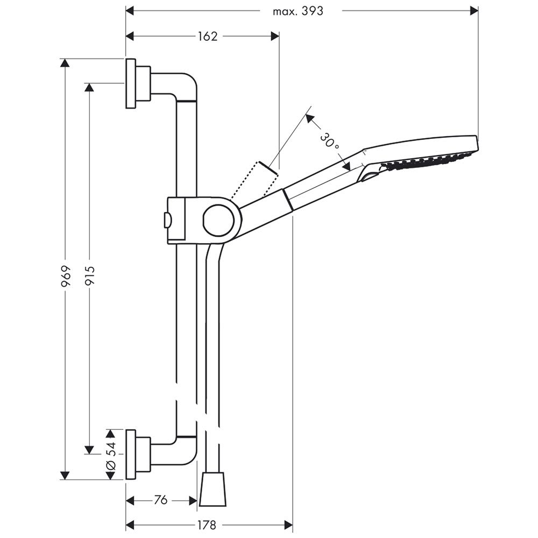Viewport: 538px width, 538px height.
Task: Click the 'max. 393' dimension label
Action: pyautogui.click(x=298, y=11)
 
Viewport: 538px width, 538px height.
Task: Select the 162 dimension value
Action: pyautogui.click(x=208, y=37)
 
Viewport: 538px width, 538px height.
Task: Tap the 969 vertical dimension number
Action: pyautogui.click(x=66, y=275)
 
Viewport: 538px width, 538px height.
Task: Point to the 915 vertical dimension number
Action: pyautogui.click(x=89, y=276)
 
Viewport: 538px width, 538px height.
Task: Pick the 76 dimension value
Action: pyautogui.click(x=160, y=500)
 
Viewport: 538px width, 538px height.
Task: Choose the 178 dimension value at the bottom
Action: pyautogui.click(x=207, y=525)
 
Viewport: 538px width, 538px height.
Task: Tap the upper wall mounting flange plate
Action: pyautogui.click(x=130, y=83)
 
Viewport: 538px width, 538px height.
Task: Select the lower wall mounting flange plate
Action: pyautogui.click(x=130, y=454)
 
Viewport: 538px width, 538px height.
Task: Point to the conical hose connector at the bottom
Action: pyautogui.click(x=213, y=489)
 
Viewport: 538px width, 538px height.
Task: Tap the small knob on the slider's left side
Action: pyautogui.click(x=168, y=220)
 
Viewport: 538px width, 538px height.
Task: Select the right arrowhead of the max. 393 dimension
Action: pyautogui.click(x=474, y=11)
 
